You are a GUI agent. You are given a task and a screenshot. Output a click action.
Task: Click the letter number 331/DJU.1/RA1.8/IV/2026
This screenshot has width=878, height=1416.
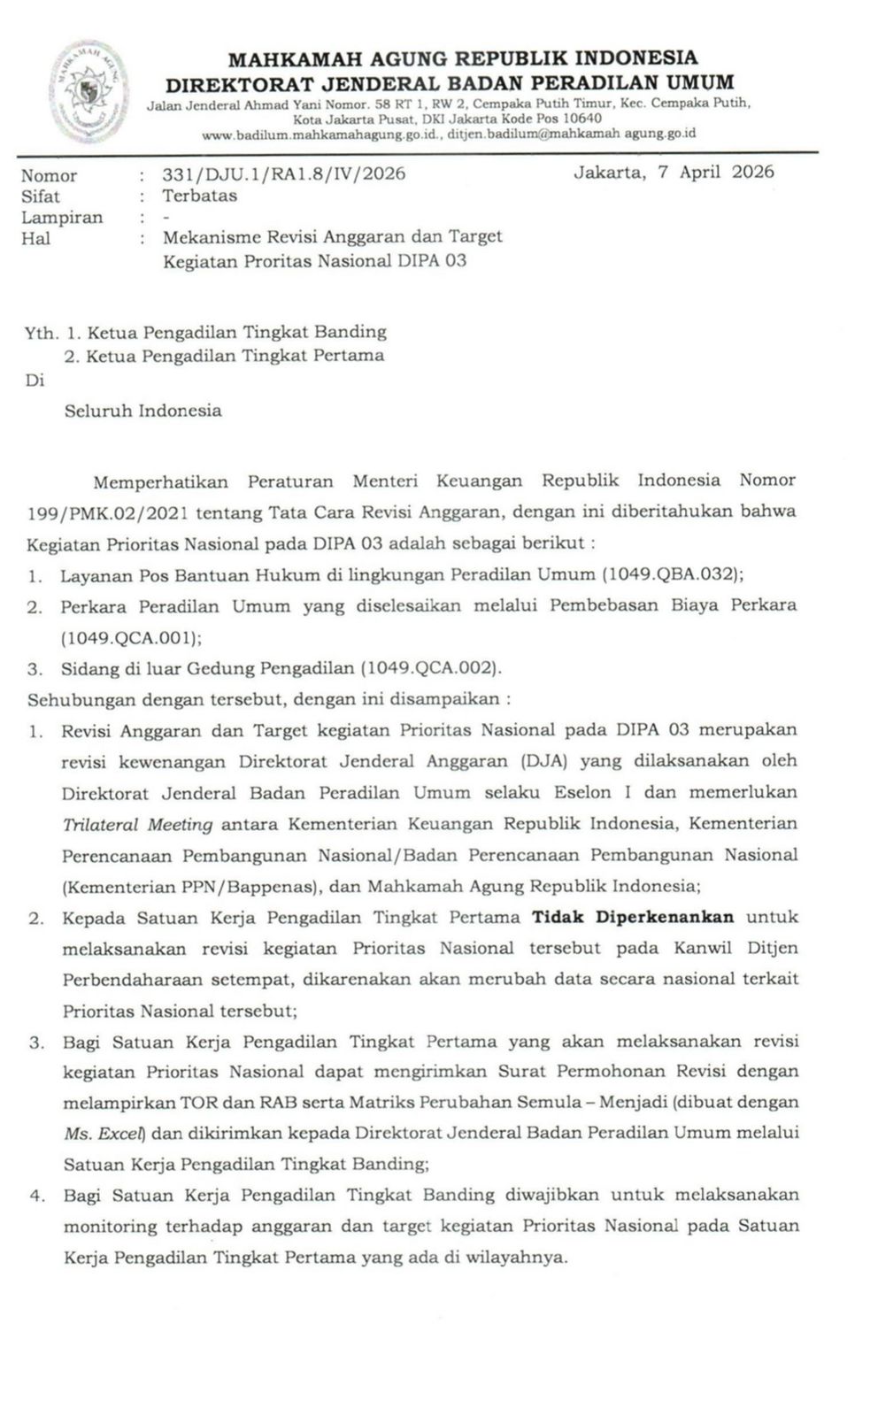coord(283,173)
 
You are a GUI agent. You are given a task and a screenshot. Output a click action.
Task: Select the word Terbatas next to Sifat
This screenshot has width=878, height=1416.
coord(199,196)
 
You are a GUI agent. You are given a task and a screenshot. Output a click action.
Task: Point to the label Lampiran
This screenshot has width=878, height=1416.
coord(62,217)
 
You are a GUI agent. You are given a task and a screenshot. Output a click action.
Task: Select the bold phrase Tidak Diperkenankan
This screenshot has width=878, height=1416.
coord(632,917)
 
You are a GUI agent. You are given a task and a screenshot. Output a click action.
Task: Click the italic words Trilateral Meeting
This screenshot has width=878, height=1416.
coord(137,824)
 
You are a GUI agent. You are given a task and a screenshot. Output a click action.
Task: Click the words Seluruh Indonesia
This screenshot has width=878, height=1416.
coord(142,411)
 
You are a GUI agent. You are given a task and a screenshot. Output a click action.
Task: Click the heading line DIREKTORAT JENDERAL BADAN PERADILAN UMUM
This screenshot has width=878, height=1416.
coord(450,83)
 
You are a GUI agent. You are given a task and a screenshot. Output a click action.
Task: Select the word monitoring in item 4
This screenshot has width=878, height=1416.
coord(106,1227)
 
